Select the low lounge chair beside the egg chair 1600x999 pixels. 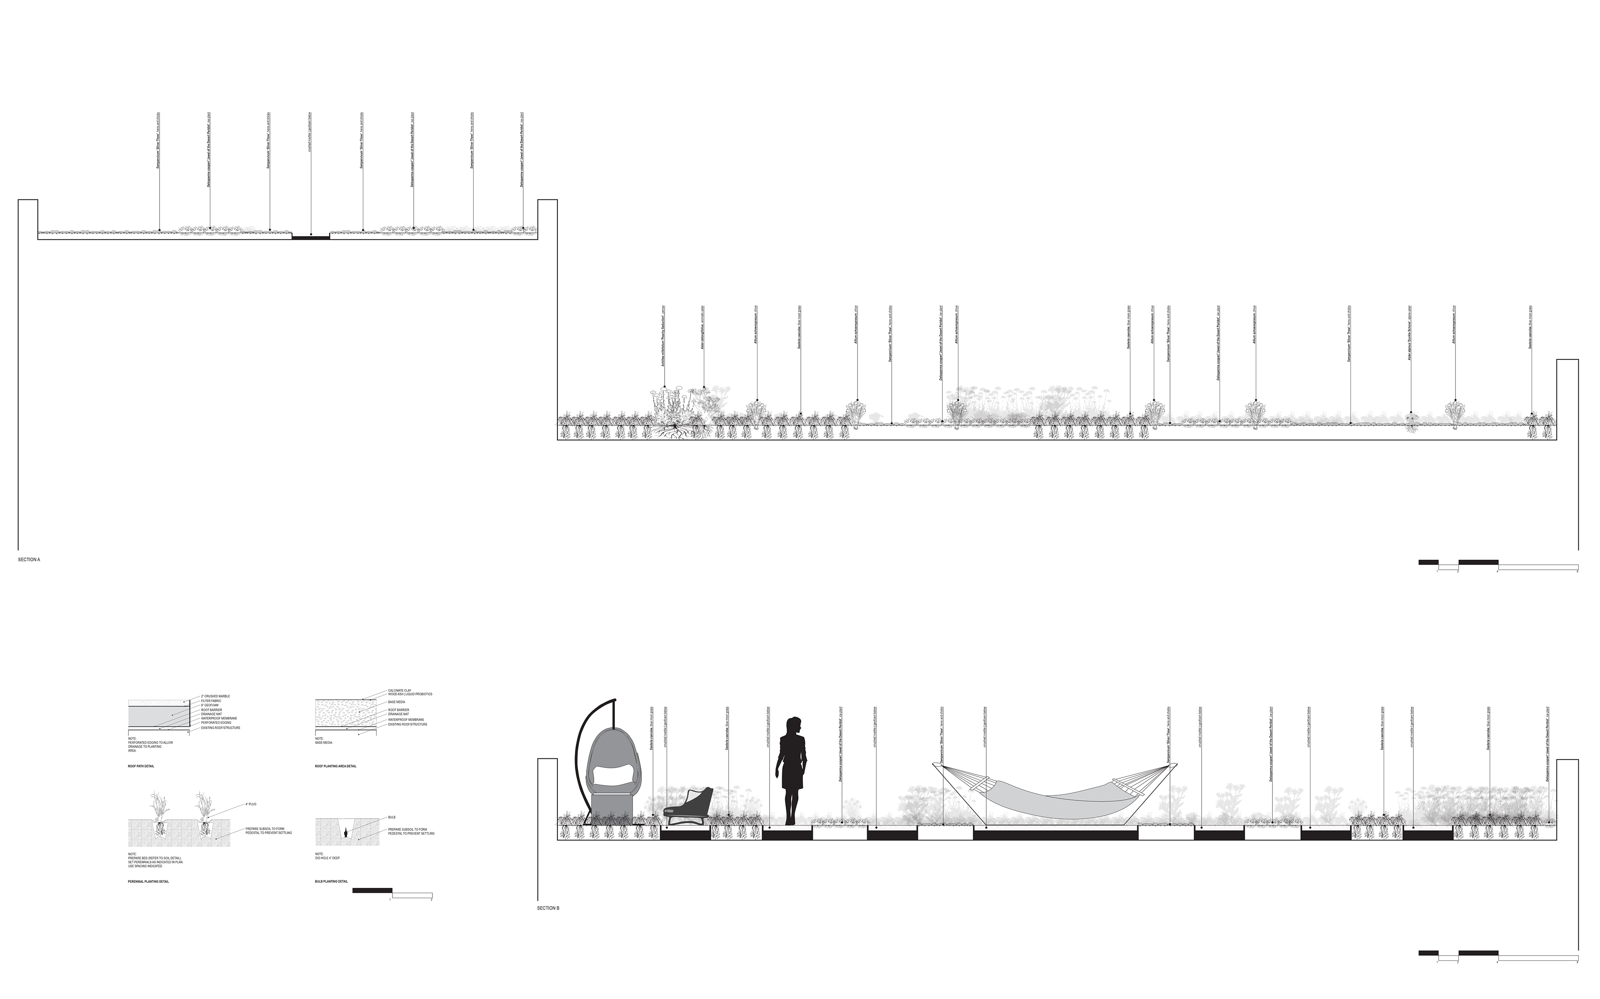pyautogui.click(x=689, y=807)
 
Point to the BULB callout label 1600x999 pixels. pyautogui.click(x=392, y=817)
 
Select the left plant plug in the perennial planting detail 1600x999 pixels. pyautogui.click(x=160, y=829)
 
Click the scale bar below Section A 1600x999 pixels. pyautogui.click(x=1498, y=566)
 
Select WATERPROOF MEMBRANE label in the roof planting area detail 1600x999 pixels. pyautogui.click(x=406, y=720)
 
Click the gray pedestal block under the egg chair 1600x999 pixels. pyautogui.click(x=611, y=810)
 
